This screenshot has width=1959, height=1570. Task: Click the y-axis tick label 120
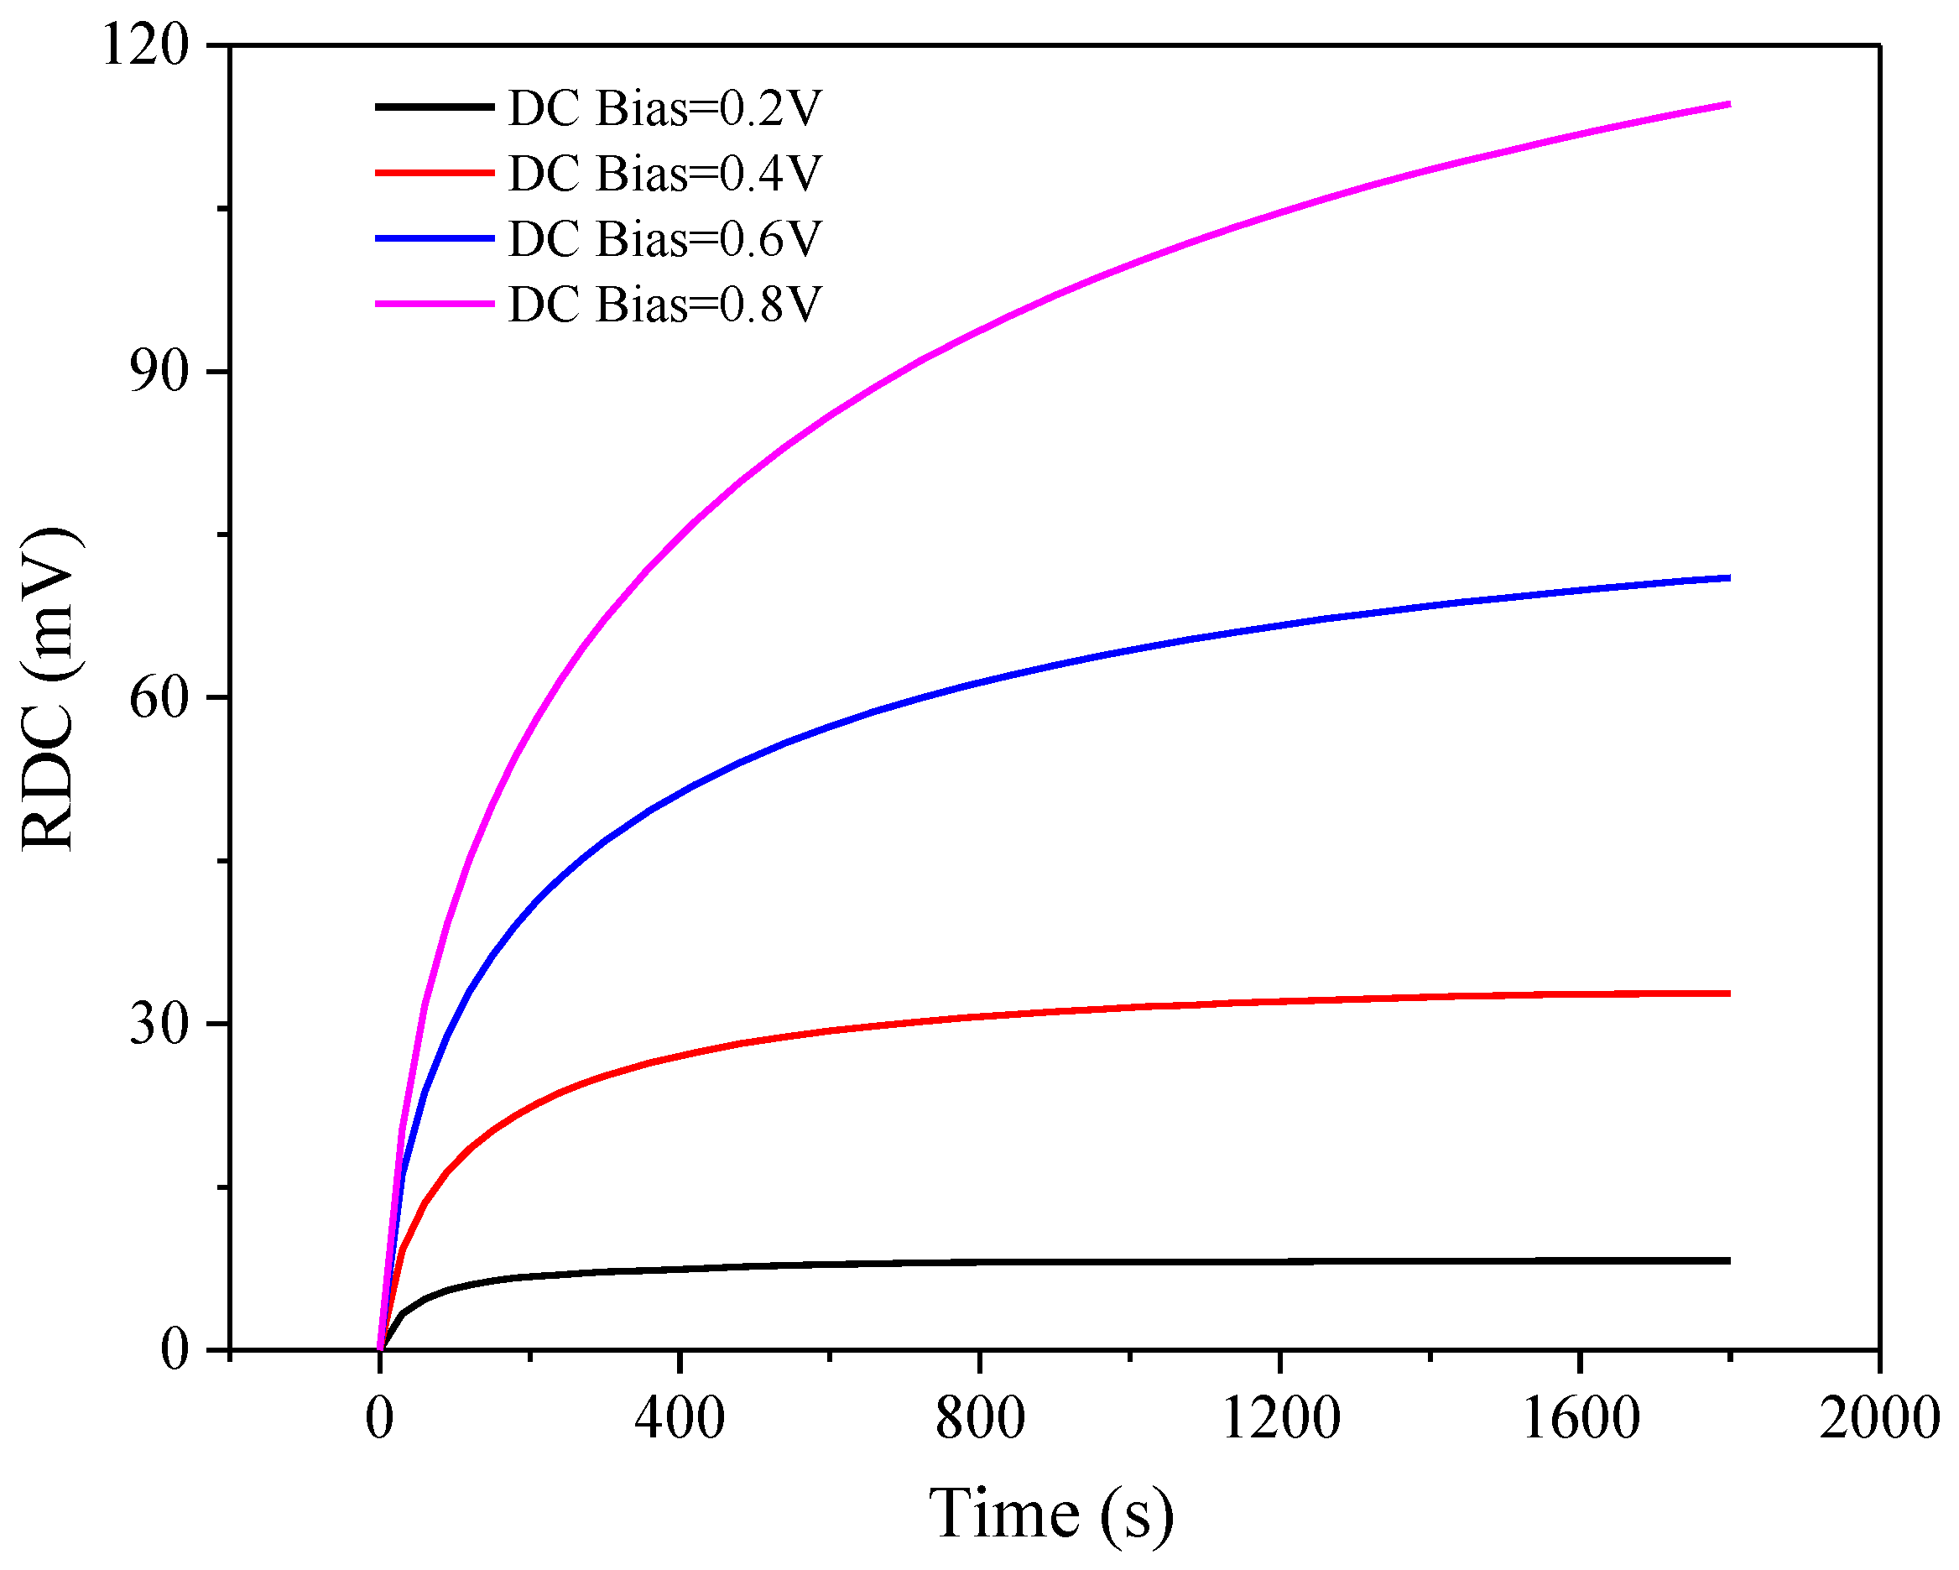point(145,45)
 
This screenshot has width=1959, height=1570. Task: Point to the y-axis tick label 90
point(159,372)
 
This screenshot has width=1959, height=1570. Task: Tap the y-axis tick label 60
point(159,698)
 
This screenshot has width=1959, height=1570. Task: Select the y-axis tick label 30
point(159,1024)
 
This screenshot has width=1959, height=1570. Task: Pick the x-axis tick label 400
point(680,1418)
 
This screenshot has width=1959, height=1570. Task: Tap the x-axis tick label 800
point(980,1418)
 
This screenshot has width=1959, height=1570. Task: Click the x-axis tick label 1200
point(1280,1418)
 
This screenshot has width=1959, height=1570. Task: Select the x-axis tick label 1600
point(1580,1418)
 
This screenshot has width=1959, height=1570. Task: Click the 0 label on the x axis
point(380,1418)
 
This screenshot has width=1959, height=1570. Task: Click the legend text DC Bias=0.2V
point(664,108)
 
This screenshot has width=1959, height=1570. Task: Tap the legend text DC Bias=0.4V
point(664,174)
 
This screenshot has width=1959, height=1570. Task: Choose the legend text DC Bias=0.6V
point(664,239)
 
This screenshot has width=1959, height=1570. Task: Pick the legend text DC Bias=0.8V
point(664,305)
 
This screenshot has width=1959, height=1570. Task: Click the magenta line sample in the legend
point(435,304)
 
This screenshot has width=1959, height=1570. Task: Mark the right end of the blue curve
point(1728,578)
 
